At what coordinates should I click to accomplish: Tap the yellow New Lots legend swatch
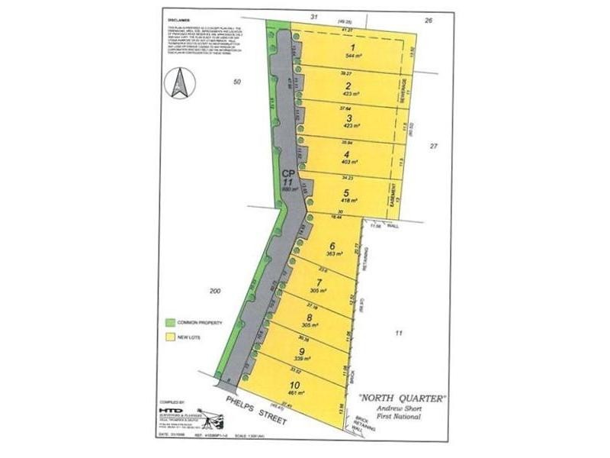pos(170,336)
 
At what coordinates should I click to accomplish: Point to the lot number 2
pos(348,85)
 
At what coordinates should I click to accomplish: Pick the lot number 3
pos(349,118)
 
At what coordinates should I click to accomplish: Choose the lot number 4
pos(348,153)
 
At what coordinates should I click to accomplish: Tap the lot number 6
pos(332,246)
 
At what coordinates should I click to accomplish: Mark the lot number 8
pos(310,317)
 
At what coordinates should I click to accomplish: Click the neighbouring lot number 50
pos(237,82)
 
